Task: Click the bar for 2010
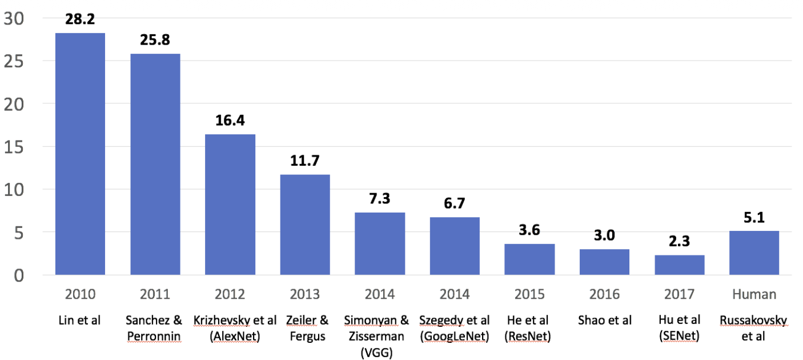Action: (80, 154)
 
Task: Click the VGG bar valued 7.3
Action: (380, 244)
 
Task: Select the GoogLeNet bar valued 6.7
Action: (455, 246)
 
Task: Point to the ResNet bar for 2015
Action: (529, 259)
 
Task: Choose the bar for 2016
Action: (604, 262)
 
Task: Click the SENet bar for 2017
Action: (679, 265)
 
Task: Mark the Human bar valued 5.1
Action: (754, 253)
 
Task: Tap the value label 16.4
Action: (230, 121)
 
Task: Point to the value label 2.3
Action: (679, 242)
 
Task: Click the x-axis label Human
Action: (754, 294)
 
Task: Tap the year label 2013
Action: (305, 294)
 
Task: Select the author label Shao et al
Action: (604, 321)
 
